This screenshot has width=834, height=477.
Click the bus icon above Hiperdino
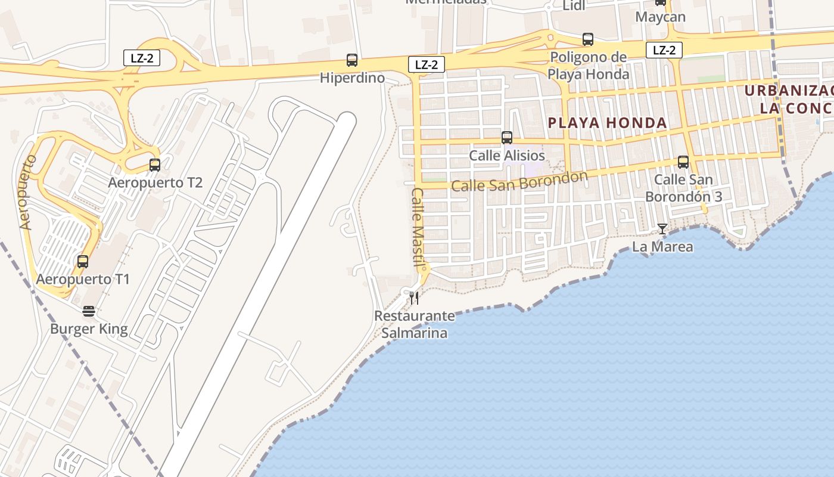coord(352,60)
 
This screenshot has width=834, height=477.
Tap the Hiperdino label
coord(352,78)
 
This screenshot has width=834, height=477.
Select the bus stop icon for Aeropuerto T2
coord(155,165)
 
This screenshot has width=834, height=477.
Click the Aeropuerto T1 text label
coord(83,279)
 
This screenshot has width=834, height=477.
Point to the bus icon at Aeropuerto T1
coord(83,261)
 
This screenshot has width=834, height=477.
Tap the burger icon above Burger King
coord(89,311)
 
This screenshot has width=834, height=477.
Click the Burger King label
coord(89,329)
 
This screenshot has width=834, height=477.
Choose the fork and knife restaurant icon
coord(414,298)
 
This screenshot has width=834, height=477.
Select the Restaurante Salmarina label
coord(414,324)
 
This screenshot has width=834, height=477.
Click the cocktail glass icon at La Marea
coord(662,229)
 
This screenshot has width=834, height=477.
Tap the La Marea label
coord(662,247)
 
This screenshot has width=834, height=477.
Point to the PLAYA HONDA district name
coord(607,123)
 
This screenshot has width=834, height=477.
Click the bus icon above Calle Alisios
coord(507,138)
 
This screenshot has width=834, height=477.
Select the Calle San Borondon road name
coord(519,181)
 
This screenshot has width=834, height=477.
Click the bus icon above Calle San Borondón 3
coord(683,162)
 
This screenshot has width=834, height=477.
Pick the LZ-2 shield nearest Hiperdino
coord(427,65)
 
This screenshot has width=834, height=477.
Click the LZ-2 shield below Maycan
coord(664,50)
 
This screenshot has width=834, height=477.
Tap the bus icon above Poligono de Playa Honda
coord(588,39)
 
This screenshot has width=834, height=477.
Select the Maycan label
coord(660,17)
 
